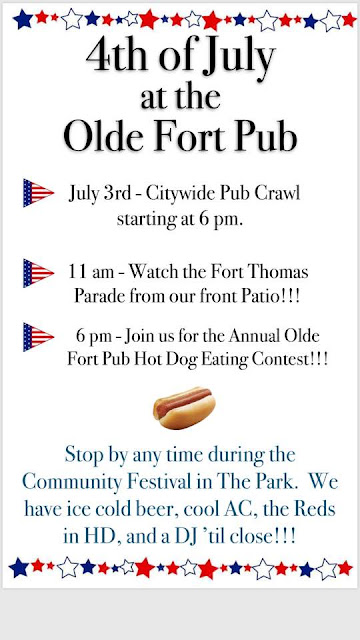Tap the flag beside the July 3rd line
[39, 193]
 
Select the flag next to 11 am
[39, 272]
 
